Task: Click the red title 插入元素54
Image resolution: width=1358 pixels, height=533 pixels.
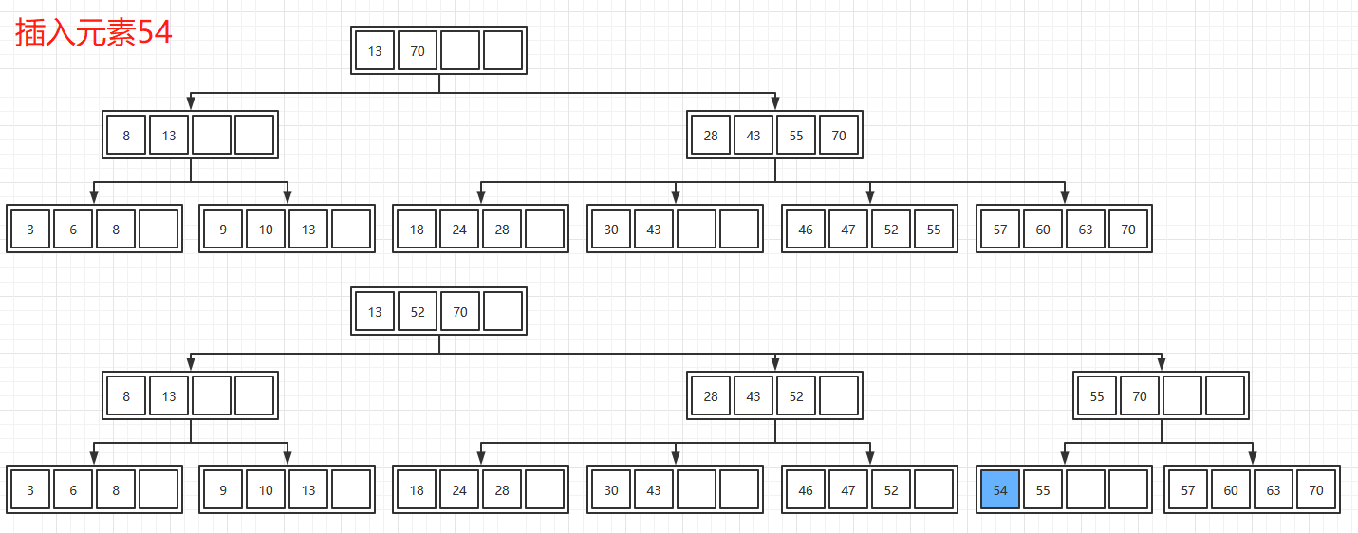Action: pyautogui.click(x=93, y=33)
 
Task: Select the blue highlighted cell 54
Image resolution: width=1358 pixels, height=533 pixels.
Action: pyautogui.click(x=1000, y=490)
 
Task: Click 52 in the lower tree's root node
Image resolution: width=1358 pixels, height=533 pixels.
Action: pyautogui.click(x=418, y=312)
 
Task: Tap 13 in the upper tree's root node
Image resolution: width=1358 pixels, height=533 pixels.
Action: pyautogui.click(x=375, y=51)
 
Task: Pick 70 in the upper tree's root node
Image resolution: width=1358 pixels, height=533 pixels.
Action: pyautogui.click(x=418, y=51)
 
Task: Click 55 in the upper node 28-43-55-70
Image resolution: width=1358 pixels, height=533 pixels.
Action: pyautogui.click(x=796, y=136)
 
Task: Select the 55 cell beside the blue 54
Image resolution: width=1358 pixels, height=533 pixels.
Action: pyautogui.click(x=1043, y=490)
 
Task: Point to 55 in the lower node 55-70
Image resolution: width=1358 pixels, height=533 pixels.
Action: pyautogui.click(x=1097, y=396)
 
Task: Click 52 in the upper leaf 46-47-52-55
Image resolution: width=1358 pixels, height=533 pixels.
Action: pyautogui.click(x=891, y=230)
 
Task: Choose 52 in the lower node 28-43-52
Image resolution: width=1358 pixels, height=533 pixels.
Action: pyautogui.click(x=796, y=396)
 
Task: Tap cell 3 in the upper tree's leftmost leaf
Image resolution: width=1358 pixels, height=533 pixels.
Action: pyautogui.click(x=30, y=230)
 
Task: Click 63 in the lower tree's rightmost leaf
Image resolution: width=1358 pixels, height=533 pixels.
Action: pyautogui.click(x=1274, y=490)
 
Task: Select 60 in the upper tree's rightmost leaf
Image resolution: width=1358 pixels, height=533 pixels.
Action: pyautogui.click(x=1043, y=230)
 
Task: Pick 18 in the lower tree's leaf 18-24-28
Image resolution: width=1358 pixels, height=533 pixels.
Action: pyautogui.click(x=417, y=490)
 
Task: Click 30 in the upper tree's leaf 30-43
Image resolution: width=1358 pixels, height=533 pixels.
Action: pyautogui.click(x=611, y=230)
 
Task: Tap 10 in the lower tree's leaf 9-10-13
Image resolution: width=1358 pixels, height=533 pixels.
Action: pyautogui.click(x=266, y=490)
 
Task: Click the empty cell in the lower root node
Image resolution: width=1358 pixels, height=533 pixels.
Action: pyautogui.click(x=503, y=312)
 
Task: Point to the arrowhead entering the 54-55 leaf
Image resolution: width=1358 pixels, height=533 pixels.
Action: pyautogui.click(x=1065, y=458)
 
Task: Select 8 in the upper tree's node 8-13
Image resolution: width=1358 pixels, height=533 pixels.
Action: pyautogui.click(x=126, y=136)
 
